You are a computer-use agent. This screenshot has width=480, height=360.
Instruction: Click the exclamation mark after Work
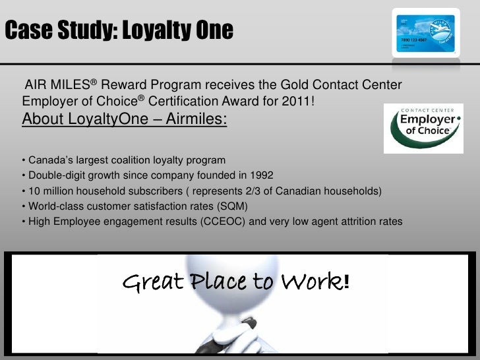(x=346, y=283)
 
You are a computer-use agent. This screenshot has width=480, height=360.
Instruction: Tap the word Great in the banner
(x=152, y=284)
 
